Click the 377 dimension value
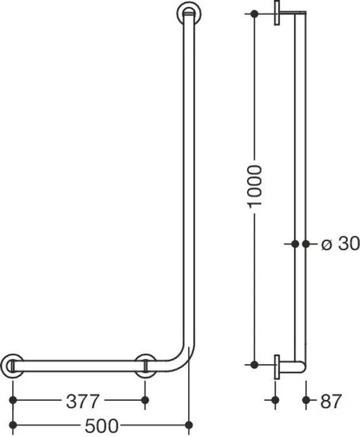tap(83, 401)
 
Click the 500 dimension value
tap(101, 426)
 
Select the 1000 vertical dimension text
tap(255, 186)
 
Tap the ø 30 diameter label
tap(340, 244)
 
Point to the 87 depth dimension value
tap(331, 401)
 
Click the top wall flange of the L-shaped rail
tap(189, 13)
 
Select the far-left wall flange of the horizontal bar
tap(12, 366)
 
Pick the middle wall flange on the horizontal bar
tap(145, 366)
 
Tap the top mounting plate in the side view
tap(277, 13)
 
